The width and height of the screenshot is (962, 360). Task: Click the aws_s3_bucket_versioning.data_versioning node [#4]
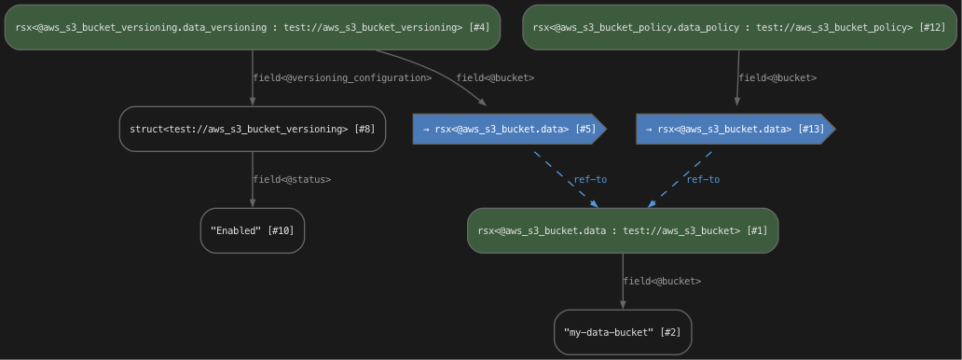(x=252, y=27)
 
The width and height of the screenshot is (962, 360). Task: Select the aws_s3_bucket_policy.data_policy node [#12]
(x=739, y=27)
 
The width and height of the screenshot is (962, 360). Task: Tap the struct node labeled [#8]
(x=252, y=129)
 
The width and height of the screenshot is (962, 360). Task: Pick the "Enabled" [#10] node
(x=252, y=230)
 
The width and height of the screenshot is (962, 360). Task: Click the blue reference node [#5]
(x=509, y=129)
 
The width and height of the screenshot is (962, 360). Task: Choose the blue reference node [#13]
(x=735, y=129)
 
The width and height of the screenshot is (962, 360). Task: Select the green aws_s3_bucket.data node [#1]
(x=623, y=230)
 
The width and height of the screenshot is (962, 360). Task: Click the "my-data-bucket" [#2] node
(x=623, y=332)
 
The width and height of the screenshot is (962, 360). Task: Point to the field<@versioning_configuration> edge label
(x=342, y=77)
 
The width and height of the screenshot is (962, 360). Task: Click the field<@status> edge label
(x=292, y=179)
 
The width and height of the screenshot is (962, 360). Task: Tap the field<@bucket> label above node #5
(x=495, y=77)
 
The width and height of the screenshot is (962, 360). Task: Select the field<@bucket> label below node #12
(x=777, y=77)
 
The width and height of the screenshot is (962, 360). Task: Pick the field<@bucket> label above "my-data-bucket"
(x=662, y=281)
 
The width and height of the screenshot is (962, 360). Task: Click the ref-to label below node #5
(x=590, y=179)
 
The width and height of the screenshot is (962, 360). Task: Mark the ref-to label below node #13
(x=703, y=179)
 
